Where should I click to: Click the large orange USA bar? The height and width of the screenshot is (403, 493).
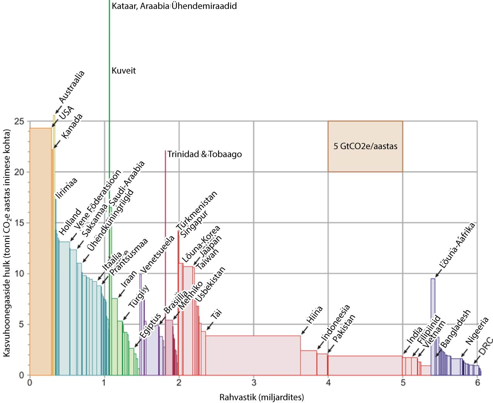(x=40, y=252)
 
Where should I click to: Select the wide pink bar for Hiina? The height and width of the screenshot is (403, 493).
(x=253, y=355)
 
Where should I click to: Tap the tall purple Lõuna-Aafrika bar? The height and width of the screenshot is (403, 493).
(x=433, y=327)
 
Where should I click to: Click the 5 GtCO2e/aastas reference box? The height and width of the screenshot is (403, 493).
(x=365, y=146)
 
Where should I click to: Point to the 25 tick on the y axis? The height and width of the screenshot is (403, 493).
(x=19, y=122)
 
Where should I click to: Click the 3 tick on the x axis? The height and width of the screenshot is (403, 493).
(x=254, y=383)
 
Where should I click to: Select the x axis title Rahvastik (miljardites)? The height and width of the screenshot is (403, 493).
(x=262, y=397)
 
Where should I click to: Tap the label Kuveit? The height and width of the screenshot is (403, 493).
(x=124, y=71)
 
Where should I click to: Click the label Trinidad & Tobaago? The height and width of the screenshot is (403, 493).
(x=205, y=155)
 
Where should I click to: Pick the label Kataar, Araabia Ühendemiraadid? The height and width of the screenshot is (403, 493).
(x=174, y=6)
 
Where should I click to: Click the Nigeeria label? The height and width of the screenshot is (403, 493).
(x=477, y=330)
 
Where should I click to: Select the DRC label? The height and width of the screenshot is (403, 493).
(x=486, y=346)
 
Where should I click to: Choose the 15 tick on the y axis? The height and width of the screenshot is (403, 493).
(x=19, y=223)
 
